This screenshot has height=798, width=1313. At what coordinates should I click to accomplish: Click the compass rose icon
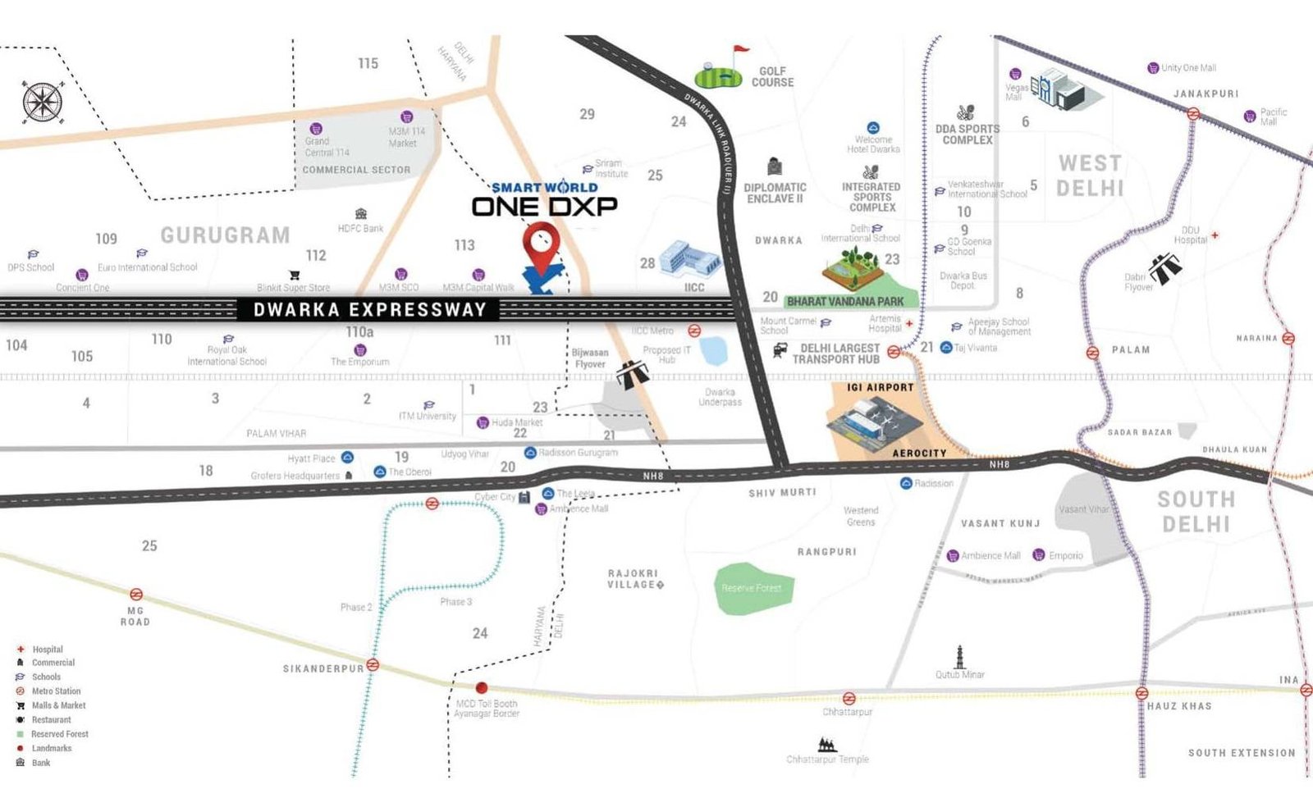tap(41, 103)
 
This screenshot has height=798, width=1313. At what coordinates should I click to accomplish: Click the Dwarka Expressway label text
tap(369, 309)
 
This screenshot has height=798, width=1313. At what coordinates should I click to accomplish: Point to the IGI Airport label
tap(880, 387)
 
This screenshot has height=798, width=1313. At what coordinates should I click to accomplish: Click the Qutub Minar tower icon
tap(959, 656)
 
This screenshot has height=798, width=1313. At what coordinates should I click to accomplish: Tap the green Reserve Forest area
tap(753, 588)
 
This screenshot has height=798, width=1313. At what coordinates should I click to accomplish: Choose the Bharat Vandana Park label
tap(845, 302)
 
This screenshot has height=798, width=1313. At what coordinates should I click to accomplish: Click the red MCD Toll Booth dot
tap(482, 688)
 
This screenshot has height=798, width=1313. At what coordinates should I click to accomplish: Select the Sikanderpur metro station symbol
tap(373, 665)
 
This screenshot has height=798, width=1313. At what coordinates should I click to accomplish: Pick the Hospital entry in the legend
tap(48, 650)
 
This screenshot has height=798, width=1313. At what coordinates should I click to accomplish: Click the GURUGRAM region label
tap(225, 235)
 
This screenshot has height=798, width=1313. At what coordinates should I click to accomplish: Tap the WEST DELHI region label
tap(1089, 176)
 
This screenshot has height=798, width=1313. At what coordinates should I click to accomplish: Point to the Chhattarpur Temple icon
tap(827, 745)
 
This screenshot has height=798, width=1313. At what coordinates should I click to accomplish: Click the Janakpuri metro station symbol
tap(1193, 114)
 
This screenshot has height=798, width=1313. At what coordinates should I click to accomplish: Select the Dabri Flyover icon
tap(1165, 266)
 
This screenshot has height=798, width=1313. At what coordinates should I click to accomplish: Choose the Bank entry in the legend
tap(41, 763)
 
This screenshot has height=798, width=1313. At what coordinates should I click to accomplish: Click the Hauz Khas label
tap(1178, 706)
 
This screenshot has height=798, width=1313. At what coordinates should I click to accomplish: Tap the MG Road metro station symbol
tap(136, 594)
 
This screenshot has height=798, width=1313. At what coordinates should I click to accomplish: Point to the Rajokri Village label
tap(634, 579)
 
